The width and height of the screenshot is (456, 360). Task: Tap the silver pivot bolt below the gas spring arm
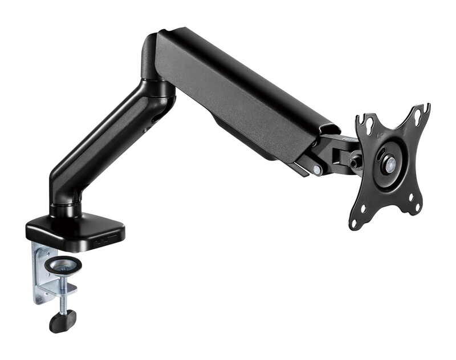(316, 169)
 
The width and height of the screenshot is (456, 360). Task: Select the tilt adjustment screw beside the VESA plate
(355, 162)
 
